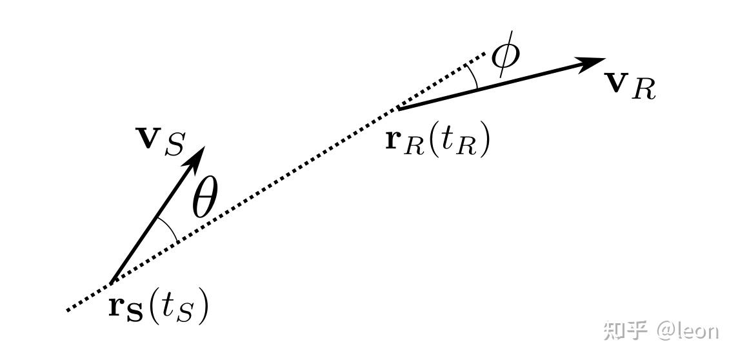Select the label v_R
[630, 87]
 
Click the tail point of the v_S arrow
[111, 283]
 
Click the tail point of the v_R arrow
[398, 108]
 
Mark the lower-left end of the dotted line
[68, 310]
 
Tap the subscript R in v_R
[644, 91]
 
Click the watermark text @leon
[687, 331]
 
